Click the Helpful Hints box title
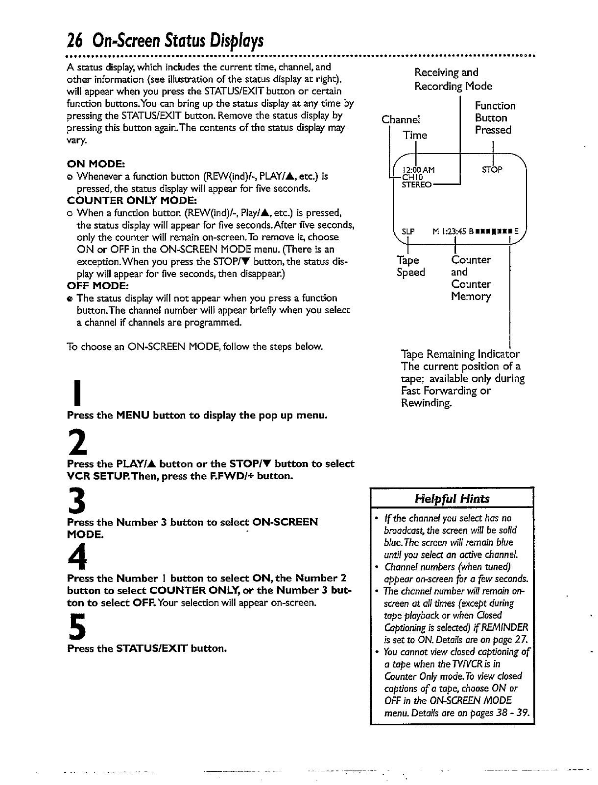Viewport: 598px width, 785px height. (452, 499)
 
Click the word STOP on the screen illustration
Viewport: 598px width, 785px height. (492, 170)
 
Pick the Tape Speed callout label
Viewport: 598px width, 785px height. (410, 266)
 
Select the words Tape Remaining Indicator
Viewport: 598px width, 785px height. (460, 354)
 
